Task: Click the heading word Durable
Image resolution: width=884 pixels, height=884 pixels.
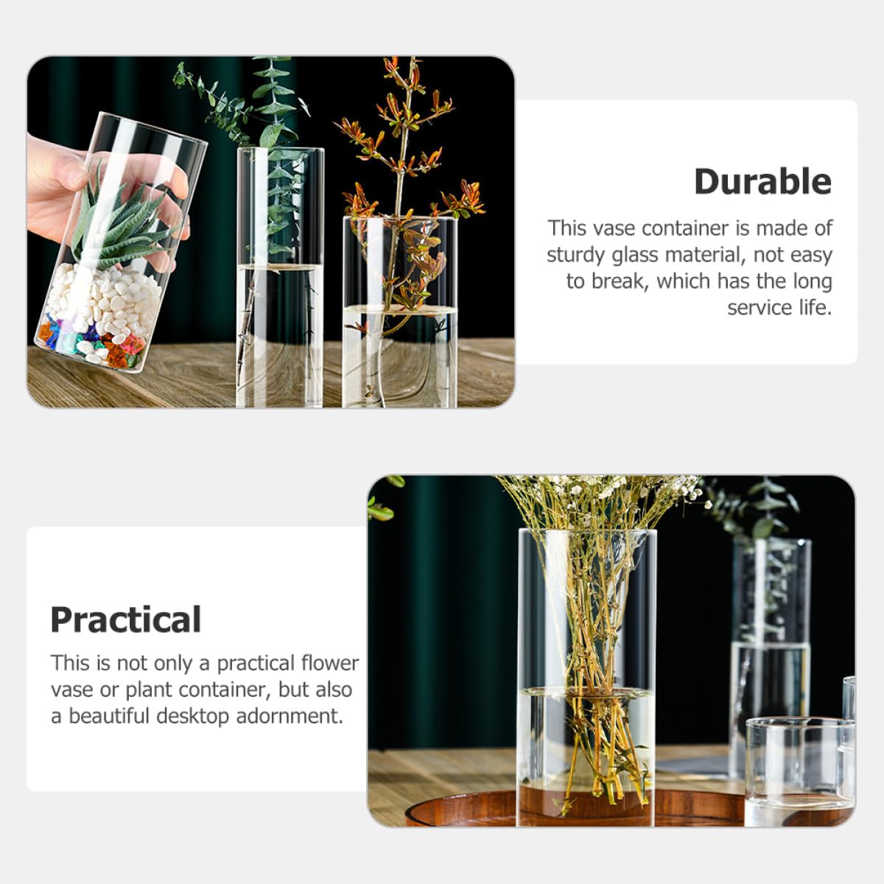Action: [x=762, y=182]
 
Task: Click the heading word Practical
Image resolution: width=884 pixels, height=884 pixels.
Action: [x=126, y=620]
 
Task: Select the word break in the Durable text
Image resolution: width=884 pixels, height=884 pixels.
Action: [x=620, y=281]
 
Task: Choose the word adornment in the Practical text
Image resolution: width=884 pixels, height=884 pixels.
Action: [x=290, y=715]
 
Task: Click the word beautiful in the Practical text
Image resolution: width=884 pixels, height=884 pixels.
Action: [x=109, y=715]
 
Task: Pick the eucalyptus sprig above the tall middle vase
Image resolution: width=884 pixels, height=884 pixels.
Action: [x=257, y=105]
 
